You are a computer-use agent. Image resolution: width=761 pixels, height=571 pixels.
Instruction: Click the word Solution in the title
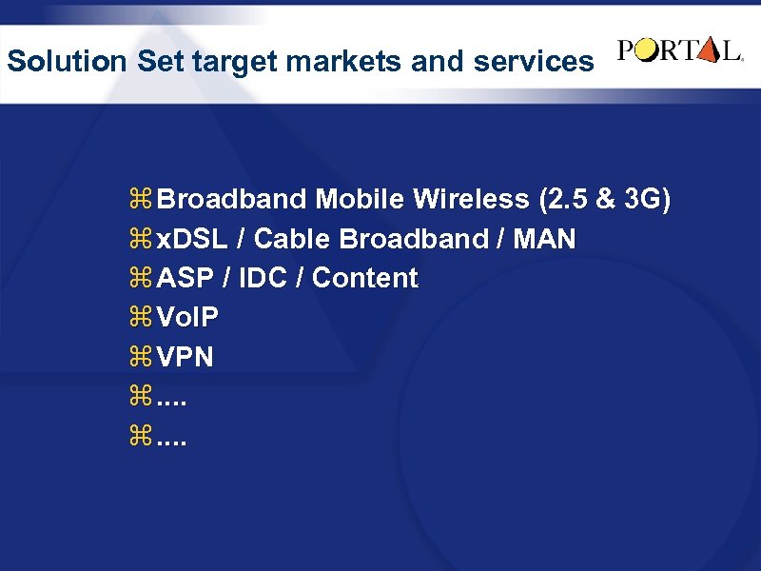pyautogui.click(x=67, y=62)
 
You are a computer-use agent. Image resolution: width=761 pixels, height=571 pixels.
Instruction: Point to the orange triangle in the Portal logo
pyautogui.click(x=709, y=51)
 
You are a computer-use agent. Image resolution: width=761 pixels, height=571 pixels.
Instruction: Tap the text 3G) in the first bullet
pyautogui.click(x=648, y=200)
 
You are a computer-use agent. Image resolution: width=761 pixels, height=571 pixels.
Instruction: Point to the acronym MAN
pyautogui.click(x=544, y=239)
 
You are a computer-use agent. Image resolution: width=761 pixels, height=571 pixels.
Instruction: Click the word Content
pyautogui.click(x=365, y=279)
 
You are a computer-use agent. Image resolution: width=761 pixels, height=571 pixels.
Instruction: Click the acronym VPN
pyautogui.click(x=185, y=358)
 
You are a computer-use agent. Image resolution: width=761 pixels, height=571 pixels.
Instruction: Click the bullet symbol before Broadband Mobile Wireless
pyautogui.click(x=143, y=201)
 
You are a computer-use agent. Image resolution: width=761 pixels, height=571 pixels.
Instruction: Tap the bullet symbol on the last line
pyautogui.click(x=143, y=438)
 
